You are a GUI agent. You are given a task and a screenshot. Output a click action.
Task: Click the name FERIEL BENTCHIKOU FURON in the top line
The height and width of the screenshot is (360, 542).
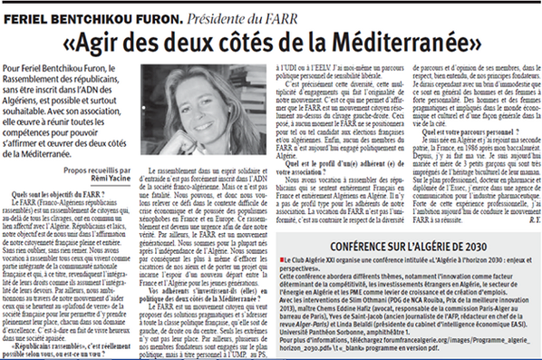(82, 10)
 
